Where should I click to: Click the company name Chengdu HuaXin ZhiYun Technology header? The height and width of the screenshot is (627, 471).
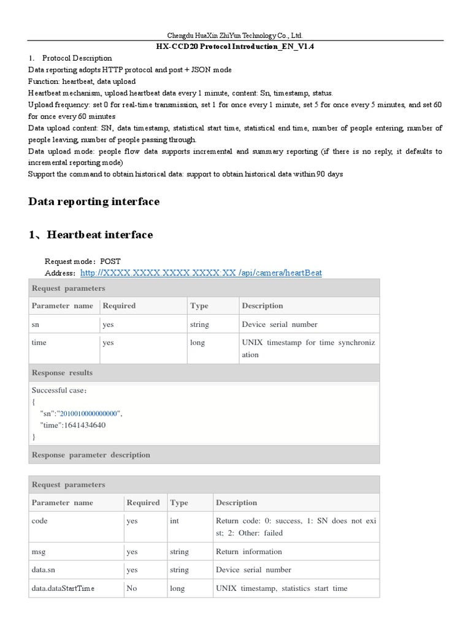pyautogui.click(x=235, y=36)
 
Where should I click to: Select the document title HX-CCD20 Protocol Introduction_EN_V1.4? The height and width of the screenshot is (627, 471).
pyautogui.click(x=235, y=47)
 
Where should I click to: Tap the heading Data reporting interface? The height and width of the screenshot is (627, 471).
pyautogui.click(x=94, y=201)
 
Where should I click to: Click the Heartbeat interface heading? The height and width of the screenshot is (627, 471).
pyautogui.click(x=91, y=235)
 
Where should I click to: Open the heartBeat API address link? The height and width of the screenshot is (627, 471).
pyautogui.click(x=201, y=272)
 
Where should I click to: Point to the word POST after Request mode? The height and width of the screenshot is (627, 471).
pyautogui.click(x=110, y=261)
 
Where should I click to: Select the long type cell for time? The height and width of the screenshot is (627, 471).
pyautogui.click(x=197, y=343)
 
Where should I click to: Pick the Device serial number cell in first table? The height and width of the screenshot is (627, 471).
pyautogui.click(x=280, y=325)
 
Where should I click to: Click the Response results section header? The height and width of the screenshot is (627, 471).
pyautogui.click(x=62, y=373)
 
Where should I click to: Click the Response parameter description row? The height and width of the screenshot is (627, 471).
pyautogui.click(x=91, y=455)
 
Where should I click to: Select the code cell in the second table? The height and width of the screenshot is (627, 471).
pyautogui.click(x=39, y=521)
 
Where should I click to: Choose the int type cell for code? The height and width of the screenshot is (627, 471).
pyautogui.click(x=175, y=521)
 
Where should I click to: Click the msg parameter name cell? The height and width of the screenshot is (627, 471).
pyautogui.click(x=39, y=552)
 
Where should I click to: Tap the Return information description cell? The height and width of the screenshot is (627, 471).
pyautogui.click(x=249, y=552)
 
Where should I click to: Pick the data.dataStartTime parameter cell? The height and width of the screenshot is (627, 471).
pyautogui.click(x=63, y=588)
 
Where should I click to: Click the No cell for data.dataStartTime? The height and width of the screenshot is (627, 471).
pyautogui.click(x=132, y=588)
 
